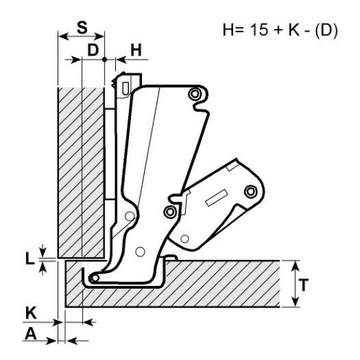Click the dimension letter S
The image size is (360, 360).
[82, 27]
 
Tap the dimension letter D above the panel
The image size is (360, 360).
[93, 50]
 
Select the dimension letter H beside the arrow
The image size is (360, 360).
[136, 50]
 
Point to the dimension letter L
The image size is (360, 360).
[29, 259]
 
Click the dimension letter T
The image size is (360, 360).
[304, 285]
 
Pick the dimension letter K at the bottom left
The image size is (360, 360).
[31, 313]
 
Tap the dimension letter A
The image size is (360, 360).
[31, 333]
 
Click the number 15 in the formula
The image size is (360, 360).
[259, 29]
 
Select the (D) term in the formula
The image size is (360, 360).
[326, 30]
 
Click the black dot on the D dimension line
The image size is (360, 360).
[105, 60]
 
